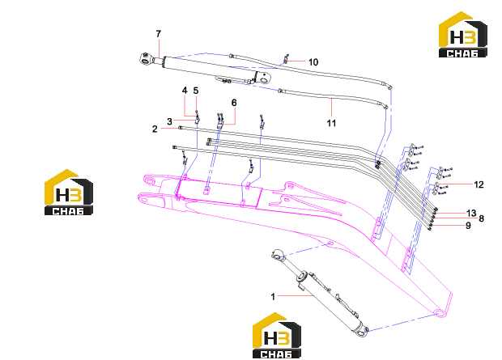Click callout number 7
[159, 34]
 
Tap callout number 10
[313, 62]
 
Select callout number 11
[331, 123]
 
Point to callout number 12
[479, 184]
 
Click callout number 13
[471, 213]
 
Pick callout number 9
[468, 226]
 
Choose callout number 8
[481, 219]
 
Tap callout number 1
[273, 297]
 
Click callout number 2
[155, 129]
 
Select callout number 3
[170, 121]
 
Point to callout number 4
[185, 91]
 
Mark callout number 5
[196, 91]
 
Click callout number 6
[234, 103]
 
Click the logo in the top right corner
[463, 35]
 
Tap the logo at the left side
[69, 192]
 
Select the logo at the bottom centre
[277, 336]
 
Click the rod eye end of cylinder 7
[146, 59]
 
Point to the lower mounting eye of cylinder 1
[361, 330]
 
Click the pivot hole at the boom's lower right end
[440, 312]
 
